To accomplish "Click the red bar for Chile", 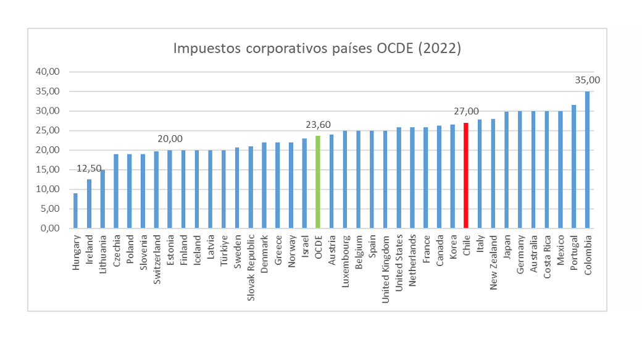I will [466, 175].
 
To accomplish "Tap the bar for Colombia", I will [587, 160].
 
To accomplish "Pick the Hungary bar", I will [75, 211].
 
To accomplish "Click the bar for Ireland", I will [89, 204].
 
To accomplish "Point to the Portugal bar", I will [573, 167].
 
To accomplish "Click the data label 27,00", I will [466, 111].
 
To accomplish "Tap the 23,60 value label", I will [318, 125].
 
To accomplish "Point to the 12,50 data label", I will [89, 169].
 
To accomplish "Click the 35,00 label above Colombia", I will [587, 80].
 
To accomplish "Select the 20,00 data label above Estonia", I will [170, 139].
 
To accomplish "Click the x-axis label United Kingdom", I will [386, 268].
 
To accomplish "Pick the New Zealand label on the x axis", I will [493, 262].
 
